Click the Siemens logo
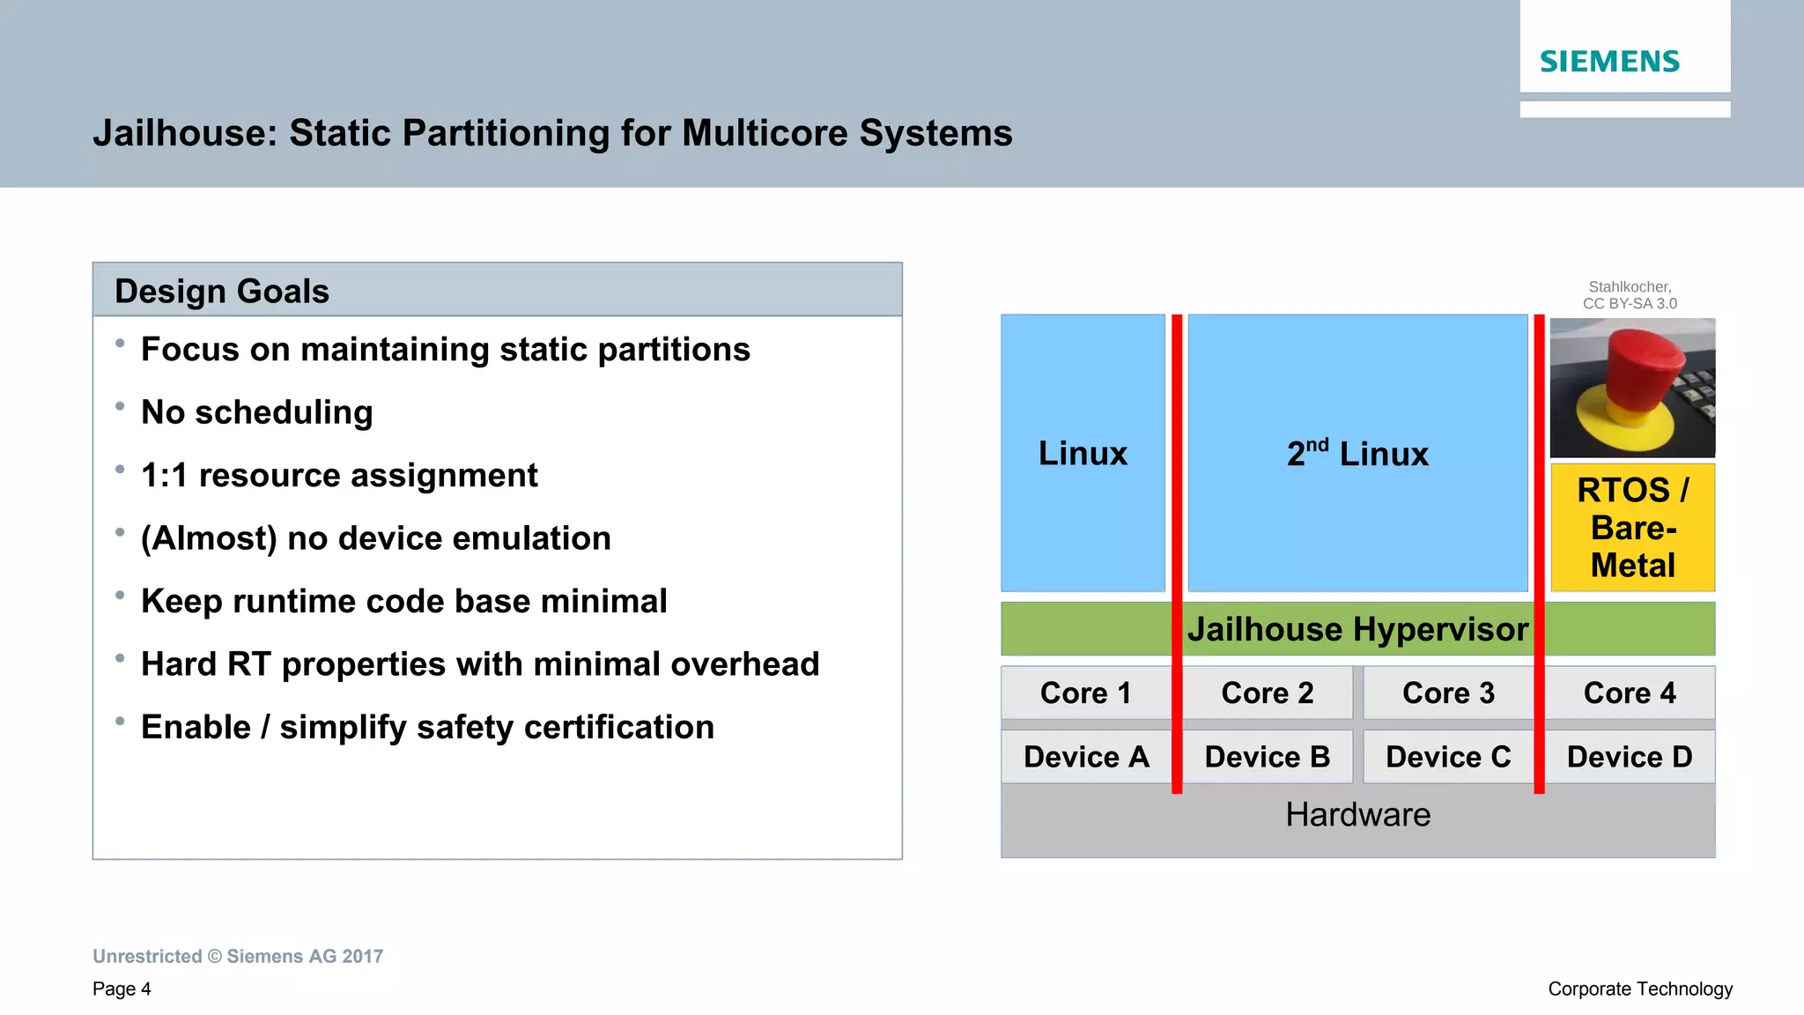tap(1609, 62)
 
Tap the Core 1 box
tap(1085, 693)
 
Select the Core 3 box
tap(1448, 693)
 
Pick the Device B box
tap(1267, 757)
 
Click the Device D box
tap(1630, 757)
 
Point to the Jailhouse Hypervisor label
tap(1357, 629)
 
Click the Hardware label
tap(1357, 815)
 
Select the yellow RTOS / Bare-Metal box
tap(1632, 527)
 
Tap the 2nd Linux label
tap(1357, 454)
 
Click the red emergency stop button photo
tap(1632, 388)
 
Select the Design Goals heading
tap(222, 292)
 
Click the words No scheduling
tap(257, 412)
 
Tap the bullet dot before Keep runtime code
tap(120, 596)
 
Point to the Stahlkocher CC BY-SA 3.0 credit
tap(1630, 295)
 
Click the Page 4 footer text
tap(122, 989)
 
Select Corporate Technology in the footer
tap(1640, 989)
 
